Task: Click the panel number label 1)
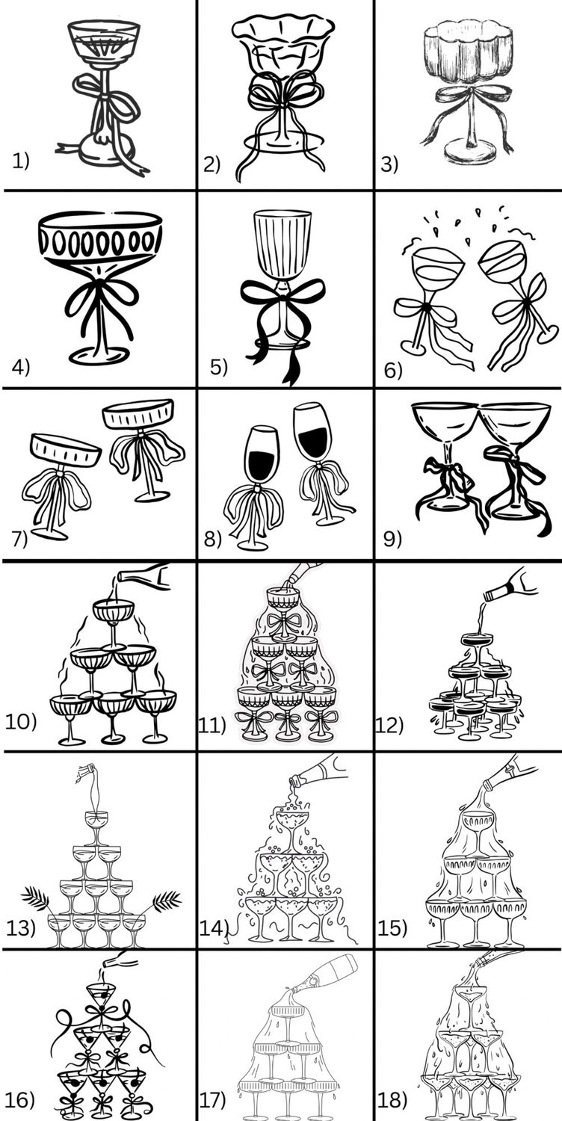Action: [21, 161]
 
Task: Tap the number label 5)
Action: [219, 367]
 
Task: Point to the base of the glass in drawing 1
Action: [107, 151]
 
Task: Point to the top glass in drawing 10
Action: [114, 624]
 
